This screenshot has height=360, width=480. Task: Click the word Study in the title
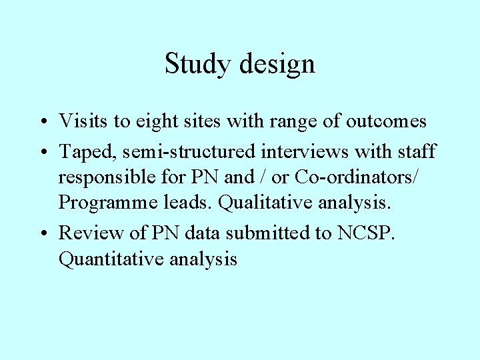(194, 65)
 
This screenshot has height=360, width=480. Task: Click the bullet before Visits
(42, 122)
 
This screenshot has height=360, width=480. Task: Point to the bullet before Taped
(42, 152)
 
